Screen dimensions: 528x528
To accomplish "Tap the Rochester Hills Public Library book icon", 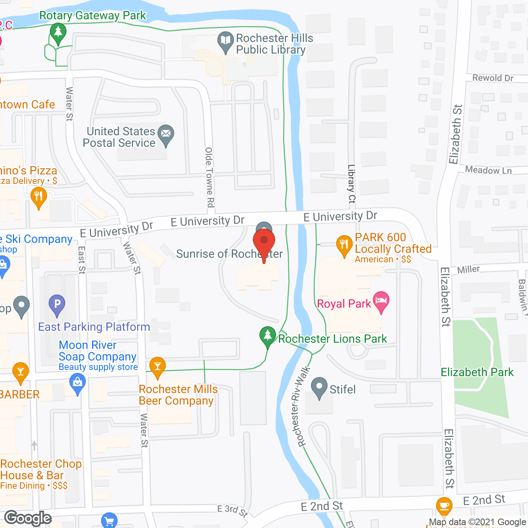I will click(225, 41).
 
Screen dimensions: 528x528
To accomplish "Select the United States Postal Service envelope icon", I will click(165, 134).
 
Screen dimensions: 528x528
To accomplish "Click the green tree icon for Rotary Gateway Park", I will click(58, 32).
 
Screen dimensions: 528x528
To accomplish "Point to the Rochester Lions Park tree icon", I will click(267, 335).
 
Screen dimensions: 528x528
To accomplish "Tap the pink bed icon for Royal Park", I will click(381, 301).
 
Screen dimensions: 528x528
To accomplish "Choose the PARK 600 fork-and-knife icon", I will click(344, 245).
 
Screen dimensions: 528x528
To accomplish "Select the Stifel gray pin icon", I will click(319, 387).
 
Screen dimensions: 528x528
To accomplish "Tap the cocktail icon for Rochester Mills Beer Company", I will click(157, 366).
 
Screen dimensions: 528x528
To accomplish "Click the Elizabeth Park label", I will click(477, 372).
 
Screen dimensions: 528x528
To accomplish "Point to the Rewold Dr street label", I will click(493, 78).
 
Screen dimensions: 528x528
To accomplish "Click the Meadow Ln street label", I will click(488, 170).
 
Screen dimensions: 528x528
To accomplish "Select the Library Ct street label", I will click(351, 184).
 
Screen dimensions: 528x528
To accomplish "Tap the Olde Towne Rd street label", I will click(210, 177).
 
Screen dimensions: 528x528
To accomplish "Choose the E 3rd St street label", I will click(233, 511).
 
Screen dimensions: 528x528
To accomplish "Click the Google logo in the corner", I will click(28, 518).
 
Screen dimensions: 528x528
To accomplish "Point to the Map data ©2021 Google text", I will click(477, 522).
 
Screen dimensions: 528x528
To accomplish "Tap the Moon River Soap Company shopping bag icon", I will click(77, 382).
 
